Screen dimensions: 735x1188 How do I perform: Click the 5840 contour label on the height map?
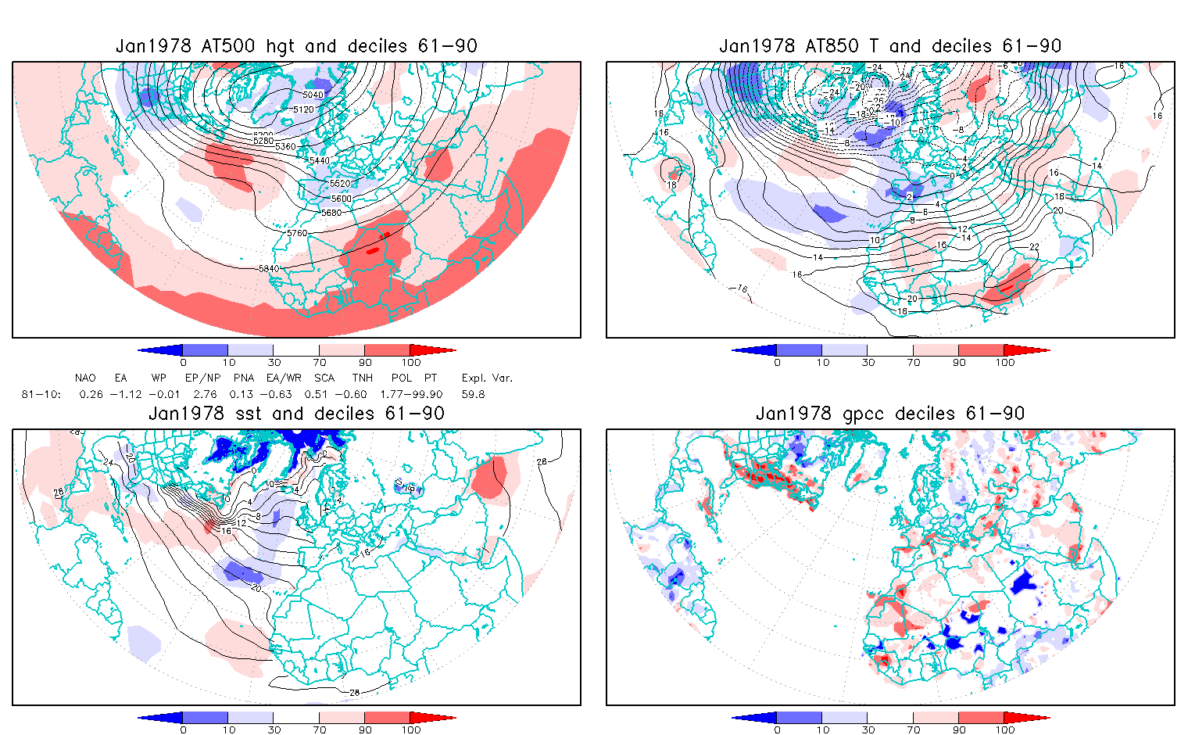268,268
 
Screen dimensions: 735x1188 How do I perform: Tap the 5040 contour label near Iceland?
312,95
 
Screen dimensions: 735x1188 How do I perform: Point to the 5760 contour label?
297,233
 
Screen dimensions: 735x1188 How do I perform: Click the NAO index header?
85,378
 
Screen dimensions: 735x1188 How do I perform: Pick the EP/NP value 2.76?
206,394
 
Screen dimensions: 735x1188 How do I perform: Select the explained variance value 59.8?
473,394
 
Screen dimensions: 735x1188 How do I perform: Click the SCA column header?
324,378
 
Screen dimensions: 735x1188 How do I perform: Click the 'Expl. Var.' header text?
487,378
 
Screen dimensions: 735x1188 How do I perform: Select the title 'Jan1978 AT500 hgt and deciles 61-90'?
296,46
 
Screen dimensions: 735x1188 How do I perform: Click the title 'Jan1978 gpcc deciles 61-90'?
890,414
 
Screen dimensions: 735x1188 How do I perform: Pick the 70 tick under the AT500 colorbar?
319,362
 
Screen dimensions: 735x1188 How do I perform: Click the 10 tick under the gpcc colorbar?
822,730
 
